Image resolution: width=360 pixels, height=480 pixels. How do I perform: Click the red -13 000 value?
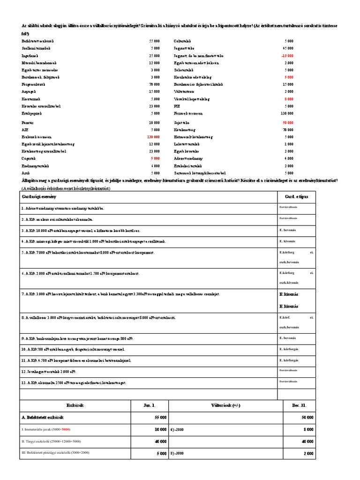pos(287,55)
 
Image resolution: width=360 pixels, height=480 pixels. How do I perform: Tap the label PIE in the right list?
pos(177,106)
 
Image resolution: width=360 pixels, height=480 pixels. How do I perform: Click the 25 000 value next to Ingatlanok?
pos(154,55)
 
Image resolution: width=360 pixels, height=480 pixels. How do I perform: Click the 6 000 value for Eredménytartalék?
pos(155,166)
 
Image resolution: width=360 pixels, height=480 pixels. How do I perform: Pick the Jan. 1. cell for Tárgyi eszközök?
pos(159,442)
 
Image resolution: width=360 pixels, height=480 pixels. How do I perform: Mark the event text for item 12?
pos(50,372)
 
